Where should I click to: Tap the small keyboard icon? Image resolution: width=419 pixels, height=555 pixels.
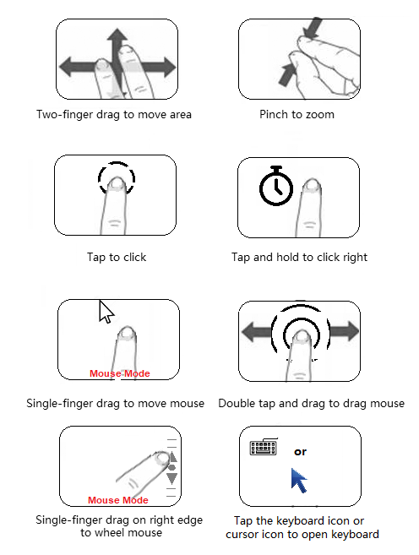click(x=264, y=447)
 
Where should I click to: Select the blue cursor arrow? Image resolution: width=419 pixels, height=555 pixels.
click(x=299, y=481)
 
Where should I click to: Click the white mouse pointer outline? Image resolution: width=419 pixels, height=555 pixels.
click(x=106, y=312)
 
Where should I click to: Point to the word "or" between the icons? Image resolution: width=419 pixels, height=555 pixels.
click(x=300, y=452)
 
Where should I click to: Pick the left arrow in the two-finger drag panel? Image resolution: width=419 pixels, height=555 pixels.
click(x=78, y=67)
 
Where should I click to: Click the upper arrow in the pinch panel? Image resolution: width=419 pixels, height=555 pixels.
click(x=313, y=28)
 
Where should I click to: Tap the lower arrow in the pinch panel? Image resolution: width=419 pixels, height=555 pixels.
click(x=287, y=75)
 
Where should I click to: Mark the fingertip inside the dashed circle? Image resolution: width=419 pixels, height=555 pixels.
click(x=117, y=184)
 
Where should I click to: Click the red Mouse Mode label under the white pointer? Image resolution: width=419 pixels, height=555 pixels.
click(x=120, y=373)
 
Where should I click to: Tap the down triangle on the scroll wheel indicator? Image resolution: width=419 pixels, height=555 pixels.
click(x=172, y=478)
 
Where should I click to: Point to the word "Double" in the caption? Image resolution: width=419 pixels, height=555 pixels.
click(x=236, y=403)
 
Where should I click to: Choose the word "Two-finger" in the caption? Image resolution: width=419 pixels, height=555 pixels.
click(x=65, y=115)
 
